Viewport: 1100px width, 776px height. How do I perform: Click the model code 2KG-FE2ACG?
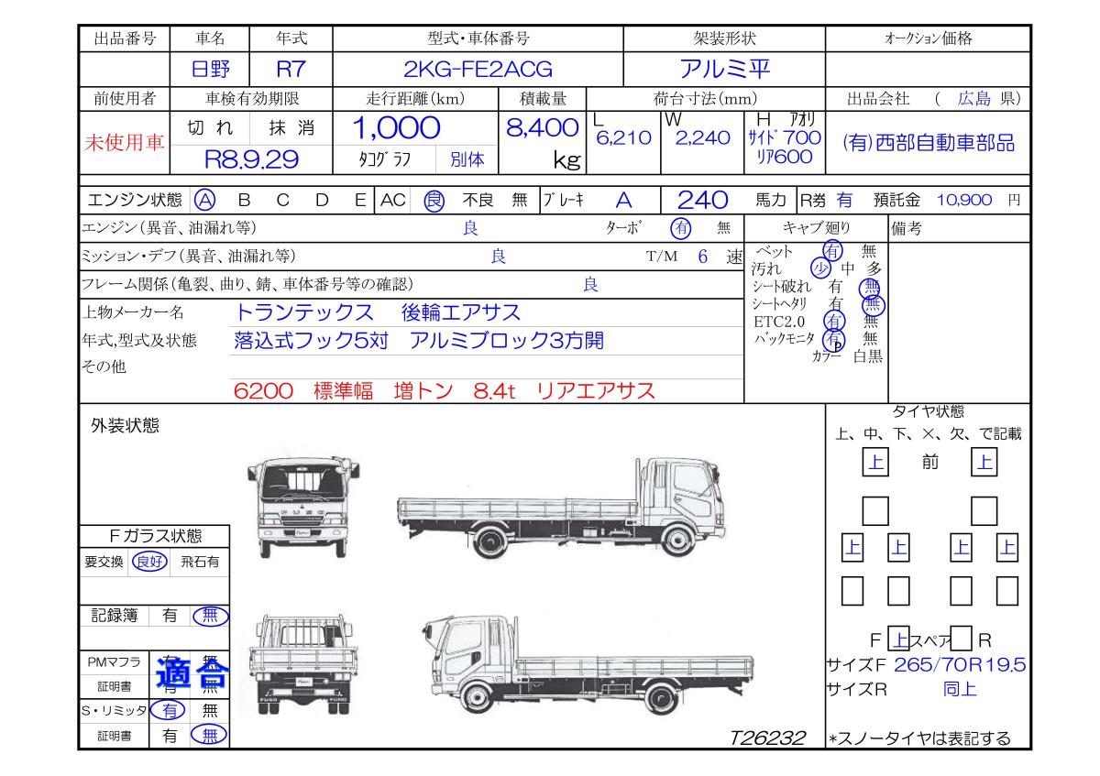click(x=478, y=70)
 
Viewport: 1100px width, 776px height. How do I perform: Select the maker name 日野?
click(x=210, y=70)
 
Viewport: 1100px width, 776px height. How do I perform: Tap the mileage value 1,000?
click(x=396, y=128)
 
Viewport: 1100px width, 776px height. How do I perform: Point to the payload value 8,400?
click(x=542, y=128)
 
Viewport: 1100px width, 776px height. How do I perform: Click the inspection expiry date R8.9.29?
click(x=251, y=159)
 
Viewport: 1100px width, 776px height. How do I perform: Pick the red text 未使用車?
click(x=125, y=142)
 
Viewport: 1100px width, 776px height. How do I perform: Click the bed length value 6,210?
click(x=623, y=138)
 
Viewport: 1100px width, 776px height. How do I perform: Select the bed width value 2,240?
click(x=703, y=138)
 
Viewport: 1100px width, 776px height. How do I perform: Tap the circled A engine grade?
click(x=204, y=201)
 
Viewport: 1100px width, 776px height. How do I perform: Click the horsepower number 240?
click(x=702, y=201)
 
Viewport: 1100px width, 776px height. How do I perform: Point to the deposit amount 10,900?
click(x=964, y=200)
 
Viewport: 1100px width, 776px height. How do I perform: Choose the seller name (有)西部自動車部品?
click(x=928, y=143)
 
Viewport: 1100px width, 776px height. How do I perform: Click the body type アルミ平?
click(x=724, y=69)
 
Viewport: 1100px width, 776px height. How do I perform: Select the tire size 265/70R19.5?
click(x=960, y=664)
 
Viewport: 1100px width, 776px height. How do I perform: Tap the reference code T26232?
click(x=767, y=738)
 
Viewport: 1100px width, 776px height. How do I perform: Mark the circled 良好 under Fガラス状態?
click(x=149, y=562)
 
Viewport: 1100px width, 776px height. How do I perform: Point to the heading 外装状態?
click(x=125, y=425)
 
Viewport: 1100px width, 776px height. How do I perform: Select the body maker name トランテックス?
click(x=304, y=312)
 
